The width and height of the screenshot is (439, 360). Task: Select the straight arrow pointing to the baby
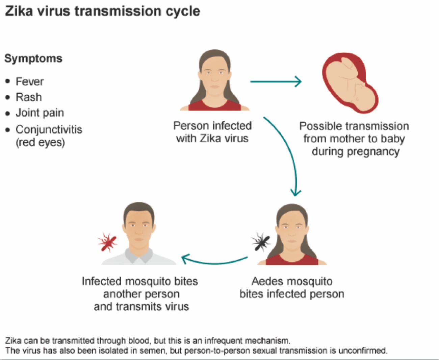click(276, 81)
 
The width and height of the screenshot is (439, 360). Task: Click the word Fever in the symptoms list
click(30, 81)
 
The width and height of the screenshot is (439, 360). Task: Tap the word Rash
click(29, 97)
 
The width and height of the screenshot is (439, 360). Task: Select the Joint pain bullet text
click(40, 113)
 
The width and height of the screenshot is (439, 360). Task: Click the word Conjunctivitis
click(49, 129)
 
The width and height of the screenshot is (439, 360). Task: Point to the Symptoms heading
click(33, 58)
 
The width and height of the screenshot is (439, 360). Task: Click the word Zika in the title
click(19, 11)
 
